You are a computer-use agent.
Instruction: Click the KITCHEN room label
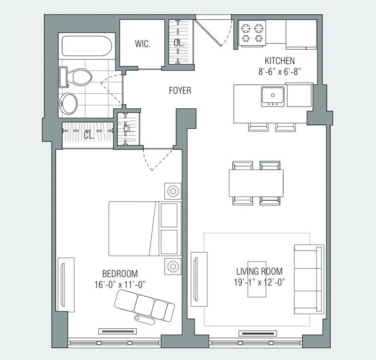point(279,61)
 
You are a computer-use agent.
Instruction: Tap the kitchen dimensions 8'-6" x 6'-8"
point(279,71)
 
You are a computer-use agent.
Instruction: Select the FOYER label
point(180,90)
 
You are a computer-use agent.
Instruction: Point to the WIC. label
point(142,45)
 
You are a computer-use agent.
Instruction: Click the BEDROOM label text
point(120,274)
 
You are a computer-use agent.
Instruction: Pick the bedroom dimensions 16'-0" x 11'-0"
point(120,284)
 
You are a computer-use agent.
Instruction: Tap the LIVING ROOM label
point(259,271)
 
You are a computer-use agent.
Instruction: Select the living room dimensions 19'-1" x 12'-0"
point(259,282)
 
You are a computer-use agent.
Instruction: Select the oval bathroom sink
point(70,103)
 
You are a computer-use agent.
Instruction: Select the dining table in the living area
point(256,183)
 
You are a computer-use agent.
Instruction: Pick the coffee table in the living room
point(257,279)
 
